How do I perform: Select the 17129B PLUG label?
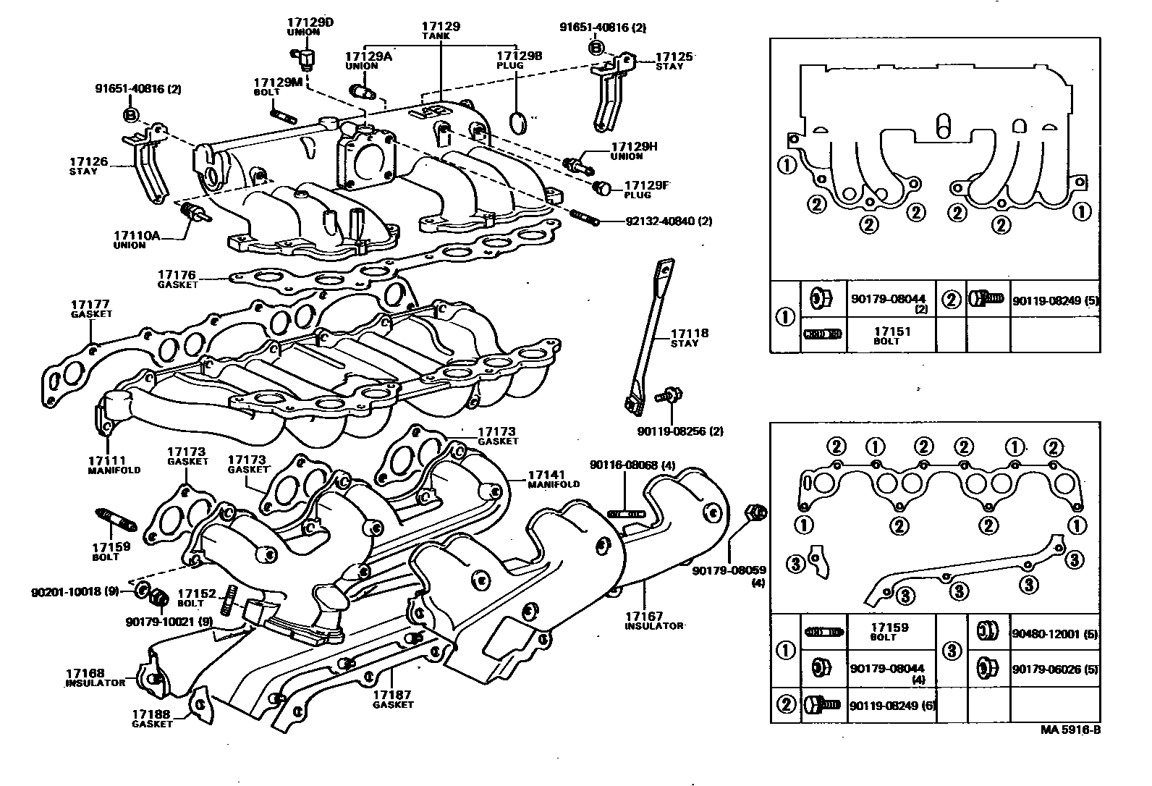(518, 59)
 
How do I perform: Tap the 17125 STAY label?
(674, 61)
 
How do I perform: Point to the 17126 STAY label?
(89, 166)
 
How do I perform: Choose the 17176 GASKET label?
(177, 279)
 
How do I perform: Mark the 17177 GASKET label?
(90, 309)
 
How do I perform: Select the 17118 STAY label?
(689, 338)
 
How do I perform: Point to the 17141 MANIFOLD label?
(554, 478)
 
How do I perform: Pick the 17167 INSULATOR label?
(653, 620)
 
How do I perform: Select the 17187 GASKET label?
(393, 699)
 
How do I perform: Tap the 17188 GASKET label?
(152, 719)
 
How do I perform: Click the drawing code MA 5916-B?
(1070, 730)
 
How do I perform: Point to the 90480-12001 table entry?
(1054, 634)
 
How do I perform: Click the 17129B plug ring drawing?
(520, 124)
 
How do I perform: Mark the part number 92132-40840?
(669, 221)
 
